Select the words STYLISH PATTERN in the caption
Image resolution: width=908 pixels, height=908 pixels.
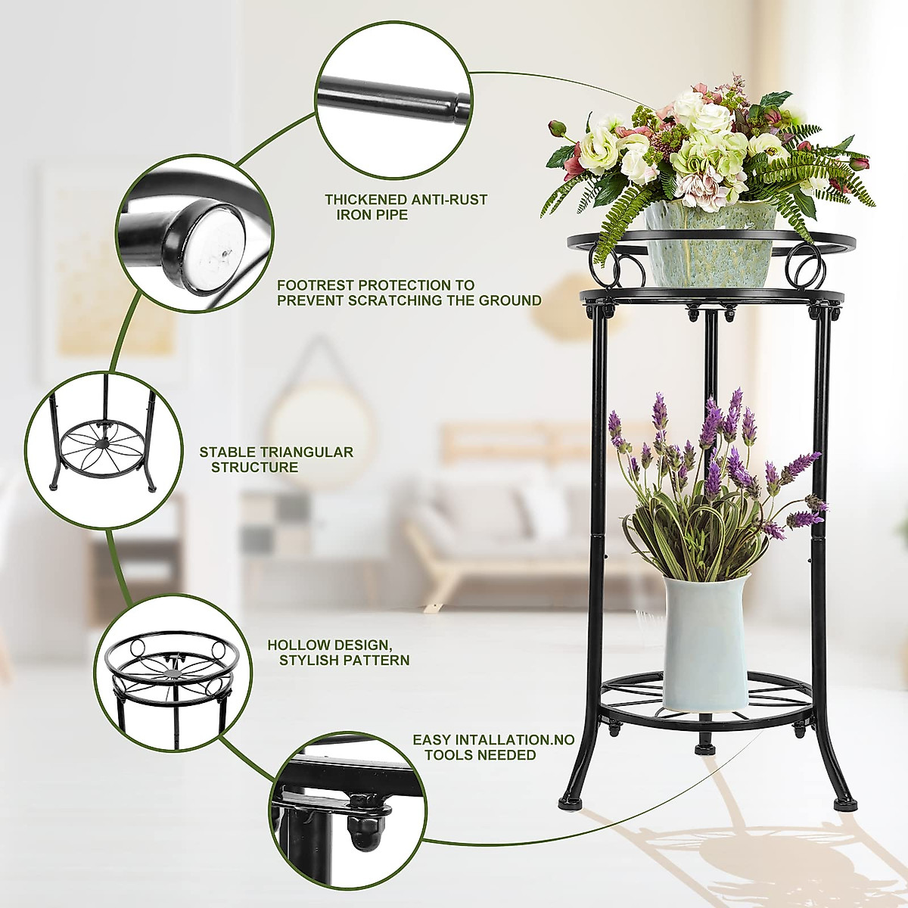coord(344,661)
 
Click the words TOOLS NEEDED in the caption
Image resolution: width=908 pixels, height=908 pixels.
coord(480,755)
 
